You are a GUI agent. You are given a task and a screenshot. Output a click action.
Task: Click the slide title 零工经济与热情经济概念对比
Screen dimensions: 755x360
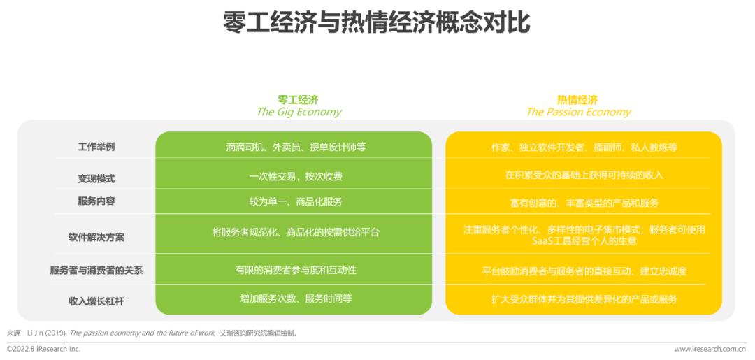coord(377,22)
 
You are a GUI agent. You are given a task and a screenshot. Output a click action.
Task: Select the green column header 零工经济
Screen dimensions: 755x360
coord(298,100)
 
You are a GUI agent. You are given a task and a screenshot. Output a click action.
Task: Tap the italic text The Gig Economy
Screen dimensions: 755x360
coord(299,112)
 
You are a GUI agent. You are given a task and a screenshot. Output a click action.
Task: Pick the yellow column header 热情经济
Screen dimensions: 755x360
coord(577,100)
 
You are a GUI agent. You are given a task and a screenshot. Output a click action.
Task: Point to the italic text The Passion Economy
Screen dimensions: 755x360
coord(578,112)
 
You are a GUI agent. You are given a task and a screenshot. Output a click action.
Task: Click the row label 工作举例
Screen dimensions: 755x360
coord(96,147)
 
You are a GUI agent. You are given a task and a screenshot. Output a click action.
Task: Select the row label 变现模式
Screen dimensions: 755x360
coord(96,178)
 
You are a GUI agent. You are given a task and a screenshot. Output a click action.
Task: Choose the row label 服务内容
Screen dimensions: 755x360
coord(96,201)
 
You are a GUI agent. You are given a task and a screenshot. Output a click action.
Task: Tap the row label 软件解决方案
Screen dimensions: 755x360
coord(96,237)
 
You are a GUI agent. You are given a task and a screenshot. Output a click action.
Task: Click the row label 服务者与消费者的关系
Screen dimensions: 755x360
coord(96,270)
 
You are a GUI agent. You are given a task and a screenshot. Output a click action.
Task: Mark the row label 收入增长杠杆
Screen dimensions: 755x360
coord(96,301)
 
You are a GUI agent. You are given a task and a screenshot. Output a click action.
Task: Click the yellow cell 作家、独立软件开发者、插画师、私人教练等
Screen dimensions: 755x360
coord(584,147)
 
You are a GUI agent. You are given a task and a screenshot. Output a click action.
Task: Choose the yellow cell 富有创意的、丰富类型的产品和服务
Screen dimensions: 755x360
coord(584,203)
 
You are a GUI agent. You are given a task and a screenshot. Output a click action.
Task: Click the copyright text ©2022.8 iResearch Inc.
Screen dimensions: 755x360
coord(43,349)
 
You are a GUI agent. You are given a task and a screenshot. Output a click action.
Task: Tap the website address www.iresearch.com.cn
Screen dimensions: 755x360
coord(710,349)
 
